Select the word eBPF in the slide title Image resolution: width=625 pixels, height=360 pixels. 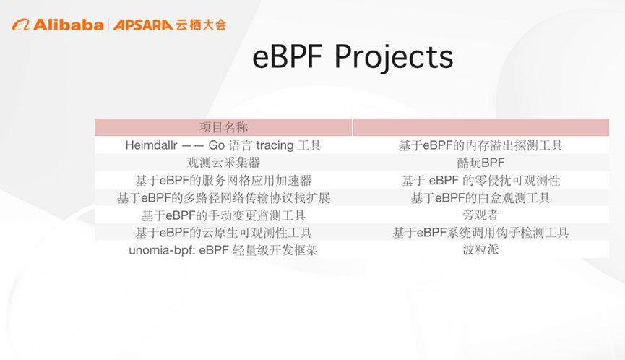(x=289, y=57)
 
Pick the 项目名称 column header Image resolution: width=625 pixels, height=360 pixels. (x=223, y=127)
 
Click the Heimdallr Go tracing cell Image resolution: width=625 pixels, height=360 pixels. (x=223, y=145)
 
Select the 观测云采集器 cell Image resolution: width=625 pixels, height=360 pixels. (x=223, y=163)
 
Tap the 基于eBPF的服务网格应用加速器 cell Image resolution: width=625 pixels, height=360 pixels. (x=223, y=180)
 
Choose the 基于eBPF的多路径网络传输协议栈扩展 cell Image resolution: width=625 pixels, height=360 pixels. (x=223, y=197)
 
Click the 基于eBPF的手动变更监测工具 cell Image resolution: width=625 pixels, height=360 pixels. (x=223, y=215)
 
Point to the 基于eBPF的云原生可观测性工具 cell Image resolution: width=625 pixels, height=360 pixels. (x=223, y=233)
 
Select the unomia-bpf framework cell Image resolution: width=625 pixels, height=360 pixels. (x=223, y=250)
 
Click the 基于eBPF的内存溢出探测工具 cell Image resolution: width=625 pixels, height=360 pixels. (x=480, y=145)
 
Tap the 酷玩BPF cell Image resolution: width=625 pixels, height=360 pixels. (x=480, y=163)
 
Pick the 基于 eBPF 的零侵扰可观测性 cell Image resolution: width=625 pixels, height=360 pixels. (x=480, y=180)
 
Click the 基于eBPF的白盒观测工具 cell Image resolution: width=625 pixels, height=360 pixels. (x=480, y=197)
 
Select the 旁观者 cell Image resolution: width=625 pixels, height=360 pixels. (x=480, y=215)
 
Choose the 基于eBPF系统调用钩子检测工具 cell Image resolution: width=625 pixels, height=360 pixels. (x=480, y=233)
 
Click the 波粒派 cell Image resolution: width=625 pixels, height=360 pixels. (x=480, y=250)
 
